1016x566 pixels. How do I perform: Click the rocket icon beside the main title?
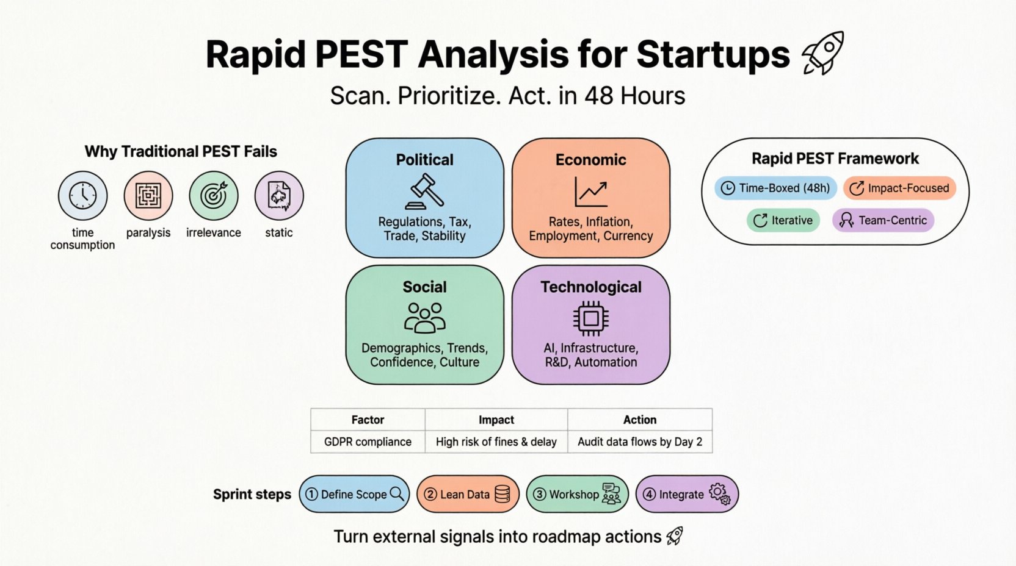tap(824, 54)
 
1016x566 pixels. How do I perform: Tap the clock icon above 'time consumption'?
tap(82, 196)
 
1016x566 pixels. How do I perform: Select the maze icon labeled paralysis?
tap(148, 196)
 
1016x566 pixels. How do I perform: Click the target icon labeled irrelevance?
tap(214, 196)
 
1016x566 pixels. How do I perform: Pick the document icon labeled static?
tap(279, 196)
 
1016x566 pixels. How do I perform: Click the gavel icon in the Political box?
tap(425, 192)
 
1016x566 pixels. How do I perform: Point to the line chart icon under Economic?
tap(590, 192)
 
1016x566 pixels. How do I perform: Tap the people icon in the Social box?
tap(425, 318)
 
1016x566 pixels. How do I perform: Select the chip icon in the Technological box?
tap(590, 318)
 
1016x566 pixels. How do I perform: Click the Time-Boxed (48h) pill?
tap(776, 188)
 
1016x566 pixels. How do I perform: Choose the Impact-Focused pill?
tap(899, 188)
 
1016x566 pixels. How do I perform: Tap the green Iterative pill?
tap(783, 220)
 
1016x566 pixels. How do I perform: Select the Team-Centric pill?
tap(883, 220)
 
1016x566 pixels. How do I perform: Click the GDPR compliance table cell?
tap(368, 442)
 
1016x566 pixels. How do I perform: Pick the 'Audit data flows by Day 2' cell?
tap(640, 442)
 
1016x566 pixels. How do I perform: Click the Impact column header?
tap(496, 420)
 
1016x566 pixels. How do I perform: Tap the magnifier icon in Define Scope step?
tap(397, 493)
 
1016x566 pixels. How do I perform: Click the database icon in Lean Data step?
tap(502, 494)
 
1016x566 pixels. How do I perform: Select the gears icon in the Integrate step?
tap(719, 493)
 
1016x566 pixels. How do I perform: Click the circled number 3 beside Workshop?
tap(539, 494)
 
